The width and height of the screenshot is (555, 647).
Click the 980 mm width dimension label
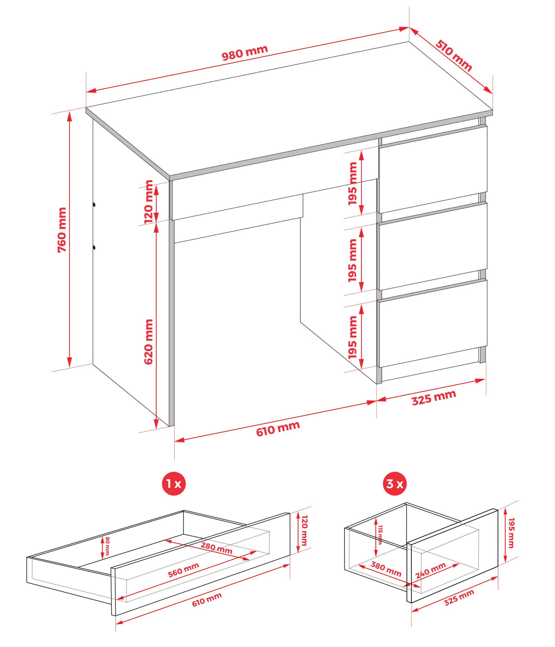click(x=245, y=53)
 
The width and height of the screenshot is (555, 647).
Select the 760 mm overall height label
click(x=62, y=230)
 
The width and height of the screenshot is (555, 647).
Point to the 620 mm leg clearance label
click(x=149, y=342)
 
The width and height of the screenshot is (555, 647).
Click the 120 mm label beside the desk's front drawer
click(x=149, y=201)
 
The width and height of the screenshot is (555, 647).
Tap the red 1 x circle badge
click(x=173, y=484)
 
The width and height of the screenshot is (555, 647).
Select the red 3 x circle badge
click(x=394, y=484)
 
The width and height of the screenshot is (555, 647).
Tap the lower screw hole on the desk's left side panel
click(x=94, y=248)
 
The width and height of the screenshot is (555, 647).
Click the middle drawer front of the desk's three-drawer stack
click(x=433, y=246)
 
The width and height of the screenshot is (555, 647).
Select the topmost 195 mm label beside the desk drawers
click(x=353, y=183)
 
